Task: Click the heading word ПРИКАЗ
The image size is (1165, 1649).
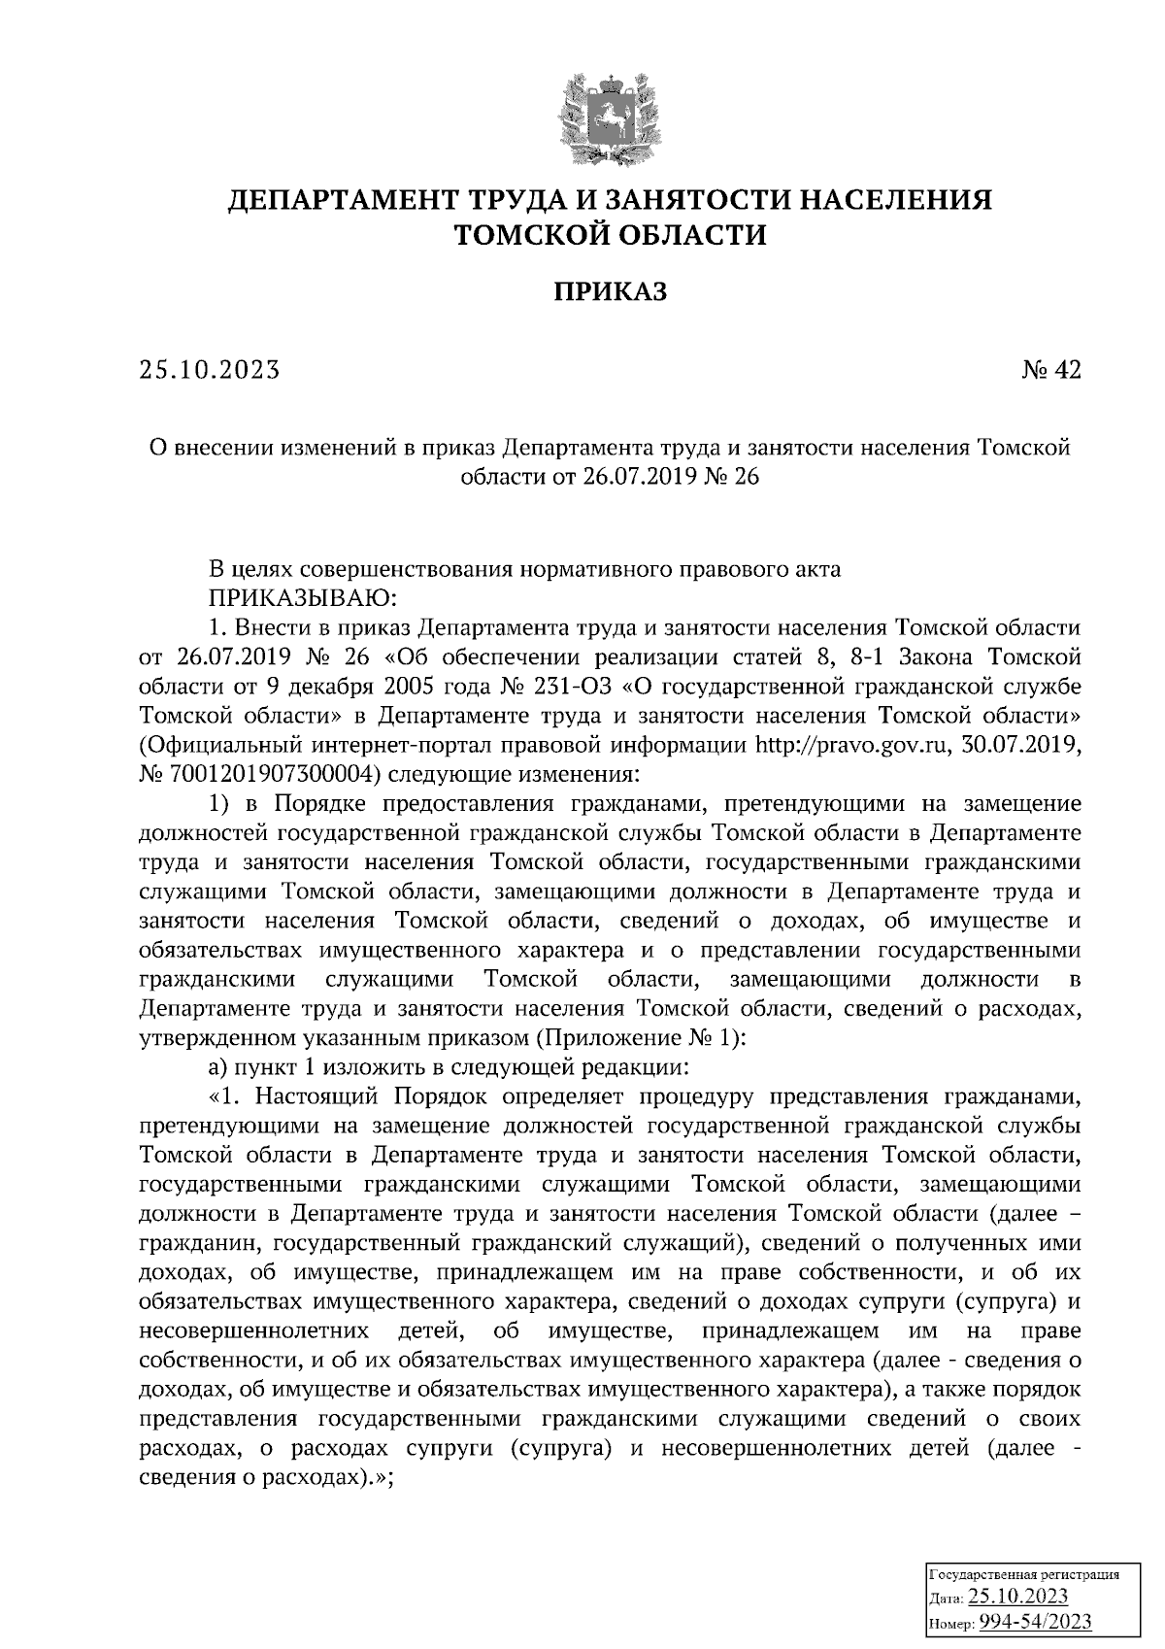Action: pos(610,291)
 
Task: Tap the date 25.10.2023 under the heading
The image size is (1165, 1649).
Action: pos(209,370)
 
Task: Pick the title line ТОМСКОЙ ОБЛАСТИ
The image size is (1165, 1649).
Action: pos(610,235)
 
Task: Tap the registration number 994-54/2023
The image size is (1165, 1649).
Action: pos(1035,1622)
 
